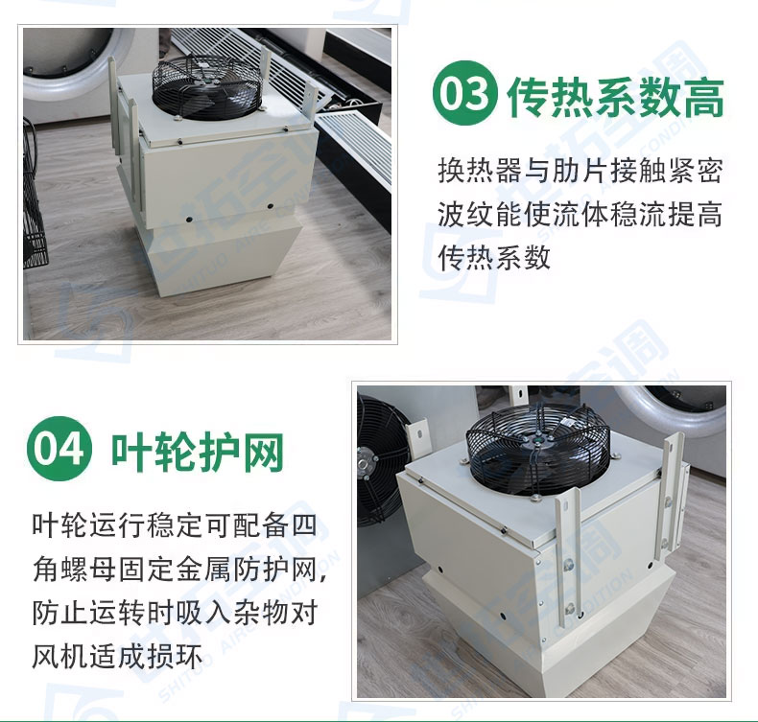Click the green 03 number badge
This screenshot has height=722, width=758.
coord(465,93)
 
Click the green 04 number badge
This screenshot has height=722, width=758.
coord(59,448)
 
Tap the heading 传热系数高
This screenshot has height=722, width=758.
coord(616,97)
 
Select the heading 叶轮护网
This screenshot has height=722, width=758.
coord(198,452)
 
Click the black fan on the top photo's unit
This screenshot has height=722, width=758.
coord(201,87)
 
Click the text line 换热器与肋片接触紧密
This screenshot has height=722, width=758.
coord(580,171)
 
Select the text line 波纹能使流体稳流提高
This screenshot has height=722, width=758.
coord(580,214)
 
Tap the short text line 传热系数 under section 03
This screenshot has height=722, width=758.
coord(494,257)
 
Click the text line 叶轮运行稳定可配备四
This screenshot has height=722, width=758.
coord(175,525)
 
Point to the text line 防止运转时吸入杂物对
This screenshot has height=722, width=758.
coord(175,613)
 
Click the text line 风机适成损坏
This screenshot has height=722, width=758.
coord(117,656)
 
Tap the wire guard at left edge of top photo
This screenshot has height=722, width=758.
coord(35,193)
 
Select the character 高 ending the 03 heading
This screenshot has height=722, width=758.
coord(704,97)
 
